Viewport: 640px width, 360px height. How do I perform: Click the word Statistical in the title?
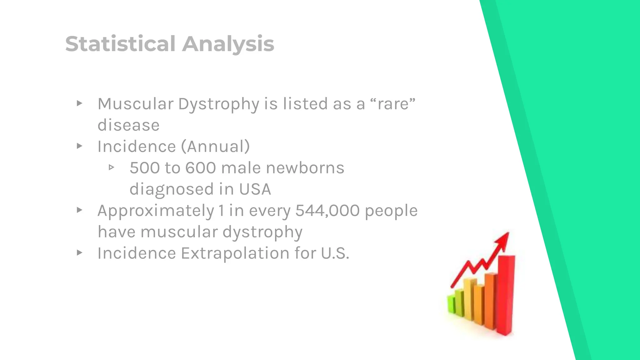(120, 44)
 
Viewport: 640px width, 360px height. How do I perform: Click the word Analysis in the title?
(228, 44)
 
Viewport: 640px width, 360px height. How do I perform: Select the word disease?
(128, 125)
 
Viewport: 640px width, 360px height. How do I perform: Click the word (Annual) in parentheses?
(215, 146)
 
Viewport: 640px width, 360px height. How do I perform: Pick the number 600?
(200, 168)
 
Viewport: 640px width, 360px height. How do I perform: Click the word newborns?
(305, 168)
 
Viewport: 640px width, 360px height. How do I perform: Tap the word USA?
(255, 189)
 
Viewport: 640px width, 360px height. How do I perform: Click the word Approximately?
(156, 210)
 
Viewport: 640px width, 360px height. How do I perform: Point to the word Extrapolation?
(235, 253)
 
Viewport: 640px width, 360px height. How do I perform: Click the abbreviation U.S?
(335, 253)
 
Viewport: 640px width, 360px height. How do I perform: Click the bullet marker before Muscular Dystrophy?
(79, 103)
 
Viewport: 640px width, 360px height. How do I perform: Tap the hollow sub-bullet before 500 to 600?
(111, 167)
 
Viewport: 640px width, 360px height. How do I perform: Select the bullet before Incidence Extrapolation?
(79, 252)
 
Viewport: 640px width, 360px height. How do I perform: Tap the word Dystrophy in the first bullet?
(218, 104)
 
